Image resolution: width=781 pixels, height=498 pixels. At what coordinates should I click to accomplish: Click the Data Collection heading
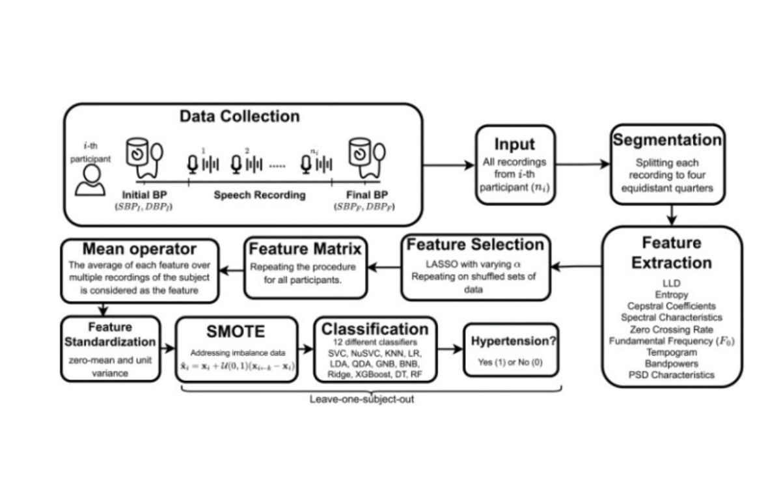coord(240,117)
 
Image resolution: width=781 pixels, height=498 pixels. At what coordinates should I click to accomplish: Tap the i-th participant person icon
coord(89,179)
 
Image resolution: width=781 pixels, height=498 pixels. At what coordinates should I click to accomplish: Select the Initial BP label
coord(141,195)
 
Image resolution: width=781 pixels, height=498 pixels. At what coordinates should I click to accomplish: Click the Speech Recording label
coord(260,195)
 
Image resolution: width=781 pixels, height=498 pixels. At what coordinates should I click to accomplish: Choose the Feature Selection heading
coord(474,245)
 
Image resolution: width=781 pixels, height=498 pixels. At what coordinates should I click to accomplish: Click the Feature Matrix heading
coord(305,248)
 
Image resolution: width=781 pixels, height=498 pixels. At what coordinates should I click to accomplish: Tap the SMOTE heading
coord(237,331)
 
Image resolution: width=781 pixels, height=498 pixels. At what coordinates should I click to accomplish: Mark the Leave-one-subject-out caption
coord(361,398)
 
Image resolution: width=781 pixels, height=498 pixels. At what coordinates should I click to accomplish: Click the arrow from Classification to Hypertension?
coord(449,350)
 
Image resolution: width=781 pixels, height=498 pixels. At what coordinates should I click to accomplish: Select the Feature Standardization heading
coord(111,333)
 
